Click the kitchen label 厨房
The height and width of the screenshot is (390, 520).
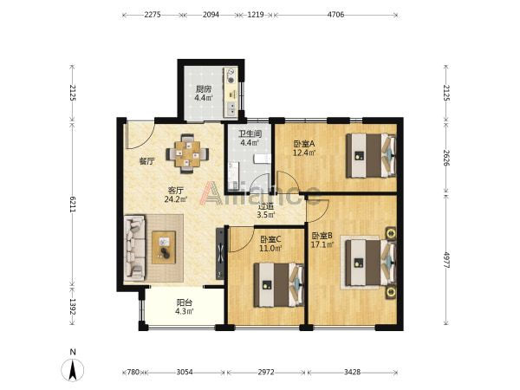click(x=204, y=89)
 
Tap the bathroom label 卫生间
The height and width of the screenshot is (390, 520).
click(x=250, y=134)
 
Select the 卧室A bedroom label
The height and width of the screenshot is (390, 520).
click(x=304, y=144)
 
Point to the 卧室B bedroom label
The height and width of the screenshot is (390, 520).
click(x=322, y=236)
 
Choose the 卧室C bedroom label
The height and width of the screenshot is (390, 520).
click(x=270, y=239)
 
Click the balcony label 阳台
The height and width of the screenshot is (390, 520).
click(x=184, y=302)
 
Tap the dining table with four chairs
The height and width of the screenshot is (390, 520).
click(x=188, y=153)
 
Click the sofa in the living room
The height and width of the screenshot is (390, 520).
click(x=135, y=248)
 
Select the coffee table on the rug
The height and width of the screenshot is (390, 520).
click(x=164, y=248)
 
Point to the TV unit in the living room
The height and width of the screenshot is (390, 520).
click(x=220, y=253)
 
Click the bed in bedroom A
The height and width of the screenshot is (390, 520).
click(x=371, y=155)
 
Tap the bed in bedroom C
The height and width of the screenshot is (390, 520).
click(x=278, y=284)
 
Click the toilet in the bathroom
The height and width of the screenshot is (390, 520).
click(x=262, y=159)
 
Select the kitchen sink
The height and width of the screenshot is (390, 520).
click(x=231, y=108)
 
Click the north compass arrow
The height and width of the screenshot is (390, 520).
click(x=73, y=370)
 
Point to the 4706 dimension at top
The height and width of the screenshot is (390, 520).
click(x=335, y=15)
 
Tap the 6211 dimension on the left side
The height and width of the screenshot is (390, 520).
click(x=73, y=204)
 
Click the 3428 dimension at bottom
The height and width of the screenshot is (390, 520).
click(x=352, y=372)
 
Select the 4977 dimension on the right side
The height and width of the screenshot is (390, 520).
click(x=446, y=261)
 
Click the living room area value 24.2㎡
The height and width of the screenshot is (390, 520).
click(x=176, y=199)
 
